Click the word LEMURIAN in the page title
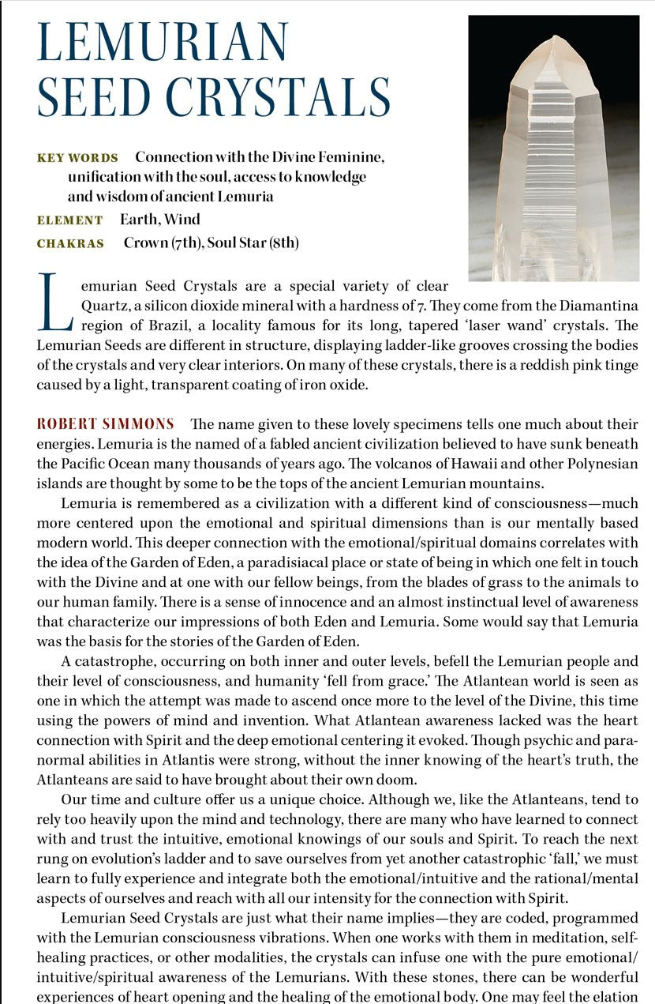163,43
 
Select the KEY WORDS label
77,158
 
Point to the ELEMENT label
69,220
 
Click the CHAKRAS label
70,243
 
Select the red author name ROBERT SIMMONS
106,424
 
